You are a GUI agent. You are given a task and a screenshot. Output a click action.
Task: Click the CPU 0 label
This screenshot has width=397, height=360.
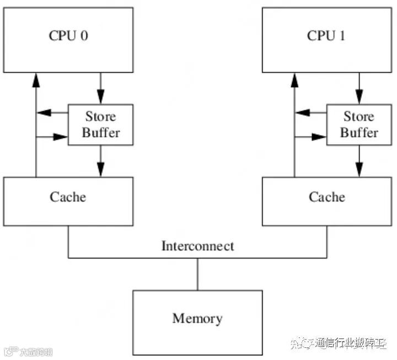coord(68,36)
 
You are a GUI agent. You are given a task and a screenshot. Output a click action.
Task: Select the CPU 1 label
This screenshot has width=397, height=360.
coord(327,36)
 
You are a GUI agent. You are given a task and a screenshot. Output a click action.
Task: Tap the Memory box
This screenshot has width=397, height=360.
coord(197,318)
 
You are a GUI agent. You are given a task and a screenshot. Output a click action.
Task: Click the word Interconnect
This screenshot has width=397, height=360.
coord(197,246)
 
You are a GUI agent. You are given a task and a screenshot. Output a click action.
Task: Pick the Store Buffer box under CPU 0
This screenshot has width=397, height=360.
coord(100,125)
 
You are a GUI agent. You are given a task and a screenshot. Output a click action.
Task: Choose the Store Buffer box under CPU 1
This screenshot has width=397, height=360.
coord(359,125)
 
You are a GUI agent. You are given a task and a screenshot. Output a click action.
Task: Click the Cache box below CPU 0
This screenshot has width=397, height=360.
coord(68,197)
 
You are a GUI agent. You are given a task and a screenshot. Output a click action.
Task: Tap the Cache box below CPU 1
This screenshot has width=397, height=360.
coord(327,197)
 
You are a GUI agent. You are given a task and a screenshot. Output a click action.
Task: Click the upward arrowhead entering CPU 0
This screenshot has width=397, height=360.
coord(36,80)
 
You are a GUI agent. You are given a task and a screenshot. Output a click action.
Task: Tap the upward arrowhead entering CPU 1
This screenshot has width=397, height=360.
coord(294,80)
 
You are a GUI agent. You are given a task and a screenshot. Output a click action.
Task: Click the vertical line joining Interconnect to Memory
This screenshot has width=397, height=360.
coord(197,274)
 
